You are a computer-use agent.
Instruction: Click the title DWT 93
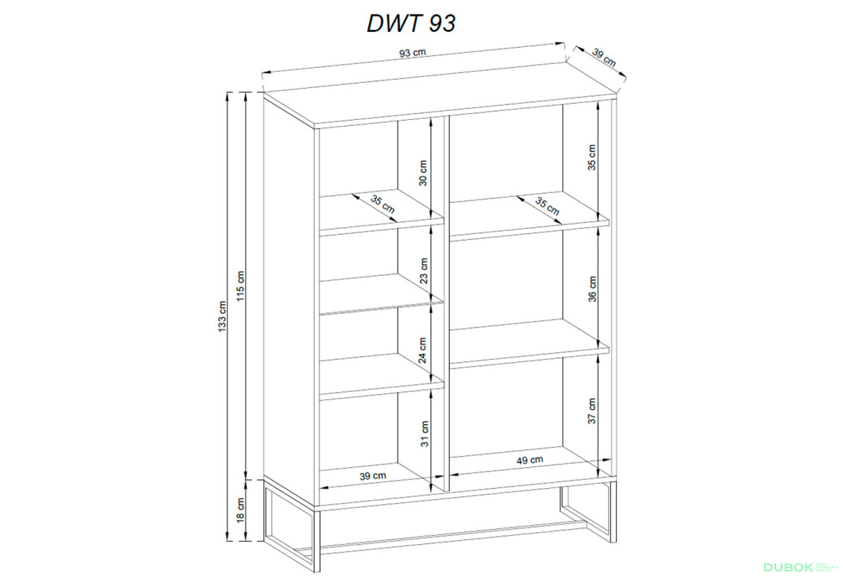click(x=410, y=23)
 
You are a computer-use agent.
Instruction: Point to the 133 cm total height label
click(x=222, y=317)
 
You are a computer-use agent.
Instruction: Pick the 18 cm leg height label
click(x=240, y=510)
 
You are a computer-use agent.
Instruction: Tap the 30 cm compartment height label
click(x=423, y=173)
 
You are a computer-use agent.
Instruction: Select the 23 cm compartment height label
click(x=424, y=270)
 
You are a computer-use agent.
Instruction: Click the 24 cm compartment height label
click(x=423, y=349)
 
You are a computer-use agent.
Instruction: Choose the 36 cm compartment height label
click(x=592, y=288)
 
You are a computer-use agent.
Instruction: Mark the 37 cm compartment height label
click(x=592, y=411)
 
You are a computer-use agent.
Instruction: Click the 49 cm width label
click(x=530, y=461)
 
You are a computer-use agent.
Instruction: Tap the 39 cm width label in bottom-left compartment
click(x=373, y=475)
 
